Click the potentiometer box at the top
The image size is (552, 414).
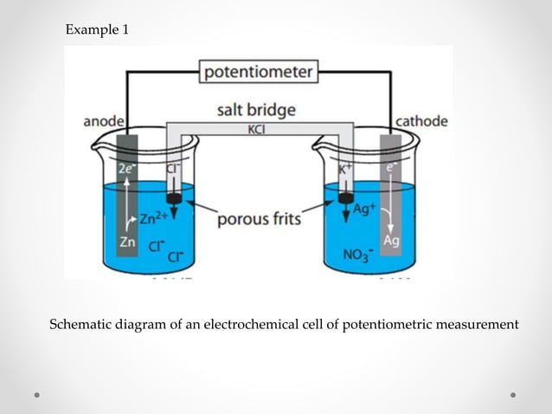(258, 73)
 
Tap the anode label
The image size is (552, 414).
(103, 121)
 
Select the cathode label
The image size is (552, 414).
(421, 121)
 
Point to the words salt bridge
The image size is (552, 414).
(256, 110)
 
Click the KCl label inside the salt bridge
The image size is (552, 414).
(257, 129)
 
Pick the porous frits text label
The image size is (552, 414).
(259, 219)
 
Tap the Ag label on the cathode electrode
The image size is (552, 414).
(391, 241)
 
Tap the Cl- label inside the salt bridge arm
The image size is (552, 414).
(171, 171)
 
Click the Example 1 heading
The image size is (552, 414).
(97, 30)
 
